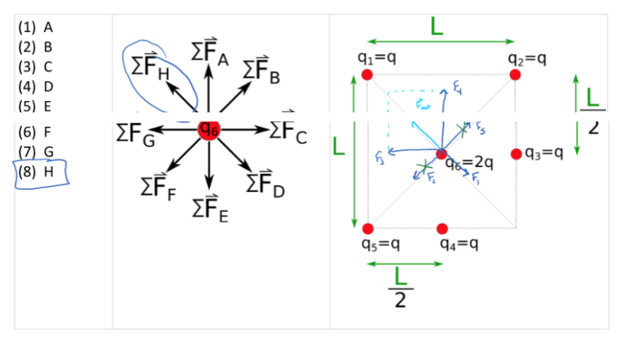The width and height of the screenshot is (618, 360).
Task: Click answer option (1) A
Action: coord(37,27)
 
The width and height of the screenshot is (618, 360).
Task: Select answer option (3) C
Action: coord(37,66)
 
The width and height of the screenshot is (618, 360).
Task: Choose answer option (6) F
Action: coord(37,131)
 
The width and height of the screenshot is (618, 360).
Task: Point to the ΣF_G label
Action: coord(135,133)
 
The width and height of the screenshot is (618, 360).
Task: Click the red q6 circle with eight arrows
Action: coord(209,130)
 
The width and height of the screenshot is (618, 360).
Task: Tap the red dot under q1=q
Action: coord(367,74)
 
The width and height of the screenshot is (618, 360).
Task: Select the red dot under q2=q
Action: coord(516,74)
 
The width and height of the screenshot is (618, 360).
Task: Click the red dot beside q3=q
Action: coord(516,154)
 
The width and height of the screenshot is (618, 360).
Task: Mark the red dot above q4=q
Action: coord(443,229)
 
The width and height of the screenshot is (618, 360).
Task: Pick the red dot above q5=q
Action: coord(368,229)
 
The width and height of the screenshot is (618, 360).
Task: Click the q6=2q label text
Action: coord(470,162)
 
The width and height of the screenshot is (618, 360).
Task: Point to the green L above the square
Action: coord(437,27)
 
